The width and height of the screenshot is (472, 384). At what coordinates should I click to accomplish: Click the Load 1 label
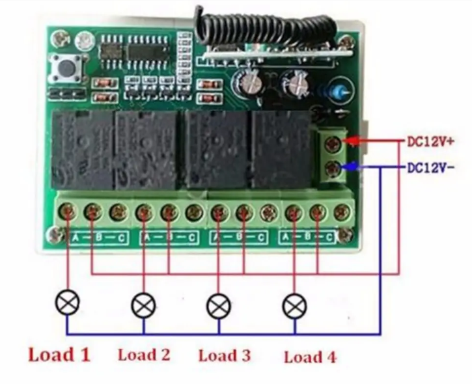(59, 355)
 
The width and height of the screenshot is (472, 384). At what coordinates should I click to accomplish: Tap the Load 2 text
(144, 355)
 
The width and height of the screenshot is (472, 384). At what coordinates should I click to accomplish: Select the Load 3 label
(225, 355)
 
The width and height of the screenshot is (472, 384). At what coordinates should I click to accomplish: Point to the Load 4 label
(311, 357)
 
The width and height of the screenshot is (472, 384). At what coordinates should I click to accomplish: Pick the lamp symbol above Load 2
(143, 304)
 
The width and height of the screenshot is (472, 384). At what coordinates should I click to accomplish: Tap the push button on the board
(66, 66)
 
